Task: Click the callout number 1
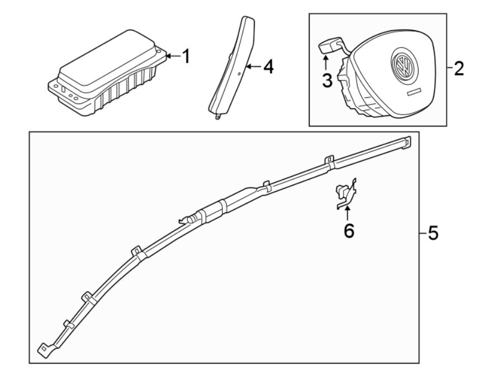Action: (x=186, y=56)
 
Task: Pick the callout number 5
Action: (x=433, y=233)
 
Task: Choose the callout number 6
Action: (x=349, y=230)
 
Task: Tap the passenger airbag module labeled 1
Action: (x=106, y=73)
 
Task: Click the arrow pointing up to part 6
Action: (x=348, y=213)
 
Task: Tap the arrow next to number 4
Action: (x=253, y=67)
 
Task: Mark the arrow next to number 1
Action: (x=172, y=55)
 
